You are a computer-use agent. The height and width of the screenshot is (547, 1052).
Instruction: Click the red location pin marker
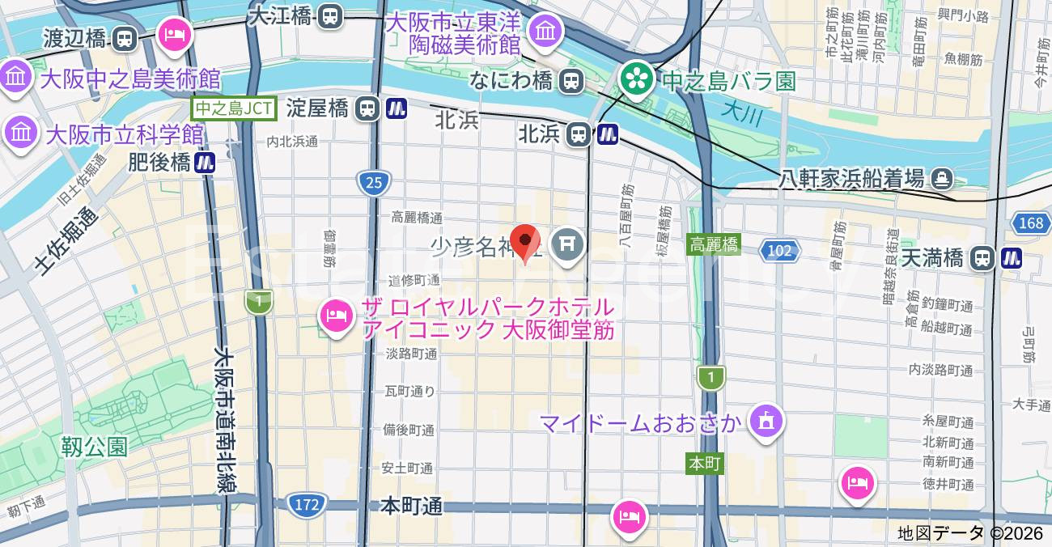[x=525, y=242]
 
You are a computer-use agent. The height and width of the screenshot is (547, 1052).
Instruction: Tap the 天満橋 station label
[x=932, y=258]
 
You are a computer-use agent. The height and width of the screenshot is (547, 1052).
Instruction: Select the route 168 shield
[x=1031, y=223]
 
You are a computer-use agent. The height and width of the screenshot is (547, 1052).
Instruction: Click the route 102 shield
[x=779, y=251]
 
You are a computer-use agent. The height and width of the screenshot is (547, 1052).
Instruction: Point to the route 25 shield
[x=373, y=183]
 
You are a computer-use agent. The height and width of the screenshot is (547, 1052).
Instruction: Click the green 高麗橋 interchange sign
[x=713, y=244]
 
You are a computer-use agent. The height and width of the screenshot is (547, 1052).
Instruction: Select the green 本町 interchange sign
[x=703, y=464]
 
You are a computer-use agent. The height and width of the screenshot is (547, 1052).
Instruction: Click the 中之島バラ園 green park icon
[x=637, y=78]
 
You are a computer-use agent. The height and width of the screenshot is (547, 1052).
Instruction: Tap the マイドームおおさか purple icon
[x=766, y=421]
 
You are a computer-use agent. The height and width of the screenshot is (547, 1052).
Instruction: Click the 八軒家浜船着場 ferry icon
[x=942, y=178]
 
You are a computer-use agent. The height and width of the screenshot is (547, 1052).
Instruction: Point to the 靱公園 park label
[x=94, y=446]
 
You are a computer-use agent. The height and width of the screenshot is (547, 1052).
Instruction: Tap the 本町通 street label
[x=412, y=507]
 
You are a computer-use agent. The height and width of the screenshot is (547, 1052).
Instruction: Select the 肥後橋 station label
[x=159, y=163]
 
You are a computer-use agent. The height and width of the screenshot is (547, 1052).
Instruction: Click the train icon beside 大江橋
[x=330, y=15]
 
